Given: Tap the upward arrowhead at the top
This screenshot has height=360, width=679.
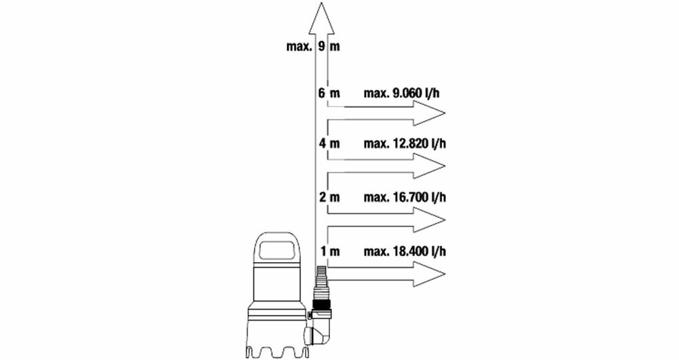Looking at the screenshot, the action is point(323,17).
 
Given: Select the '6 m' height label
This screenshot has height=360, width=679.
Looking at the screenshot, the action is point(328,93).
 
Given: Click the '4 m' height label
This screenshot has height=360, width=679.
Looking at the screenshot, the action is point(328,143).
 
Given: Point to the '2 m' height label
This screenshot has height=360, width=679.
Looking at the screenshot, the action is point(328,197).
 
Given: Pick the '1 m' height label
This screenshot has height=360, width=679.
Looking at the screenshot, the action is point(329,251).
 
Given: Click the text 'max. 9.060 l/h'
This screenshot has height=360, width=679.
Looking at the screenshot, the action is point(405,93).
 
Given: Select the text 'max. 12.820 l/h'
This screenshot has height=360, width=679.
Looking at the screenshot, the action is point(405,143).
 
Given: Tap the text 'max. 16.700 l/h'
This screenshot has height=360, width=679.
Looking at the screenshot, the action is point(405,197).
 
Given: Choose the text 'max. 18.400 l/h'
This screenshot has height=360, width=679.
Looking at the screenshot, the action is point(405,251).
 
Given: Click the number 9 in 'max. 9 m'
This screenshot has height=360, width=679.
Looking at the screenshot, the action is point(320,48).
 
